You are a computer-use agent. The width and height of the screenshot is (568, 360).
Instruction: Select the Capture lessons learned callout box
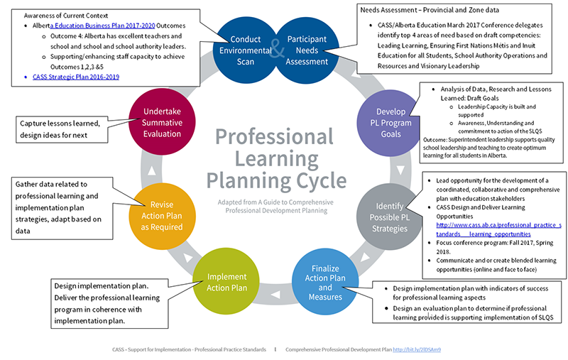click(x=65, y=129)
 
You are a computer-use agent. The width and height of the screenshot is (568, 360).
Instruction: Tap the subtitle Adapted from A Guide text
click(x=274, y=207)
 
